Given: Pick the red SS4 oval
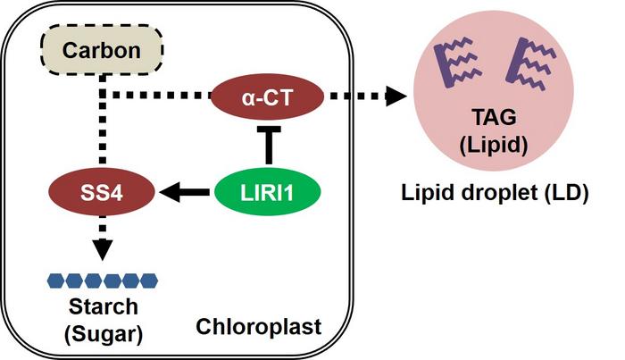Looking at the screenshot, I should (x=103, y=189).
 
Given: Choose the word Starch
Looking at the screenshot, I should (x=103, y=307).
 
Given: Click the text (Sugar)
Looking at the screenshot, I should (x=103, y=333).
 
